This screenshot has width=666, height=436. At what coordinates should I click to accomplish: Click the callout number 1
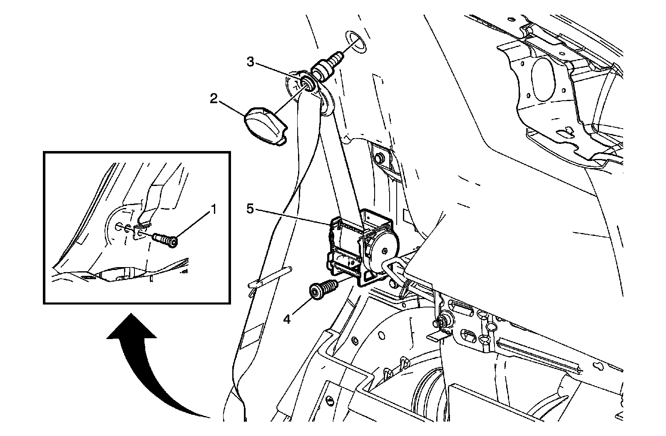[214, 210]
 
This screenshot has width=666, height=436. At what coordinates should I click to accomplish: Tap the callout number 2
[213, 99]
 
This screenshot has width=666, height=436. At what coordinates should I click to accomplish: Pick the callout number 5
[250, 209]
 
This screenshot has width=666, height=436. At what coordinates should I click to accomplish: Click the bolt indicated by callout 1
[165, 239]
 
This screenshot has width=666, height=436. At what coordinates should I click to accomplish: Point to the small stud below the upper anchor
[378, 159]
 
